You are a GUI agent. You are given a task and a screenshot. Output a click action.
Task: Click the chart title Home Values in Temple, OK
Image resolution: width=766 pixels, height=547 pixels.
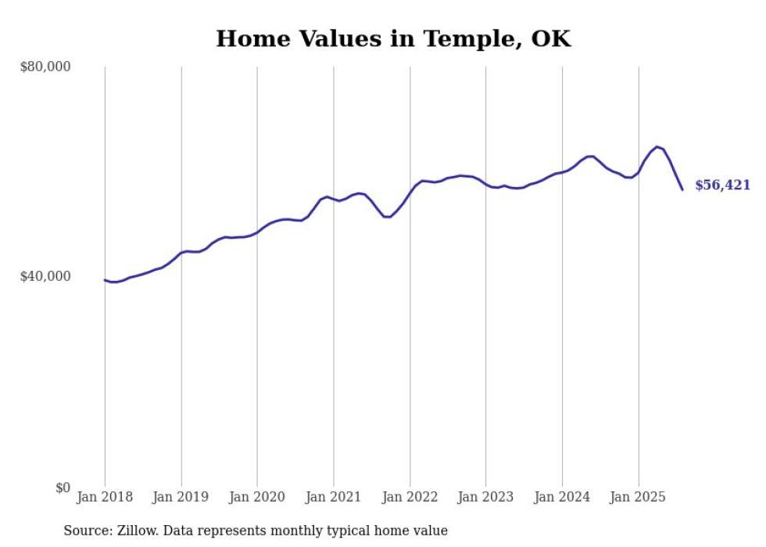(393, 38)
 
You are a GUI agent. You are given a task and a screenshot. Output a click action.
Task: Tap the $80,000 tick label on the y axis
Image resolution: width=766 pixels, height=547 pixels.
(45, 67)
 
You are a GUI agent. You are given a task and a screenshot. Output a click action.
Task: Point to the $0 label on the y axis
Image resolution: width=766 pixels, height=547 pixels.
(62, 488)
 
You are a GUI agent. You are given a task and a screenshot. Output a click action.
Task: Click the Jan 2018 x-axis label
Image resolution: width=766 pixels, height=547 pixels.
(105, 497)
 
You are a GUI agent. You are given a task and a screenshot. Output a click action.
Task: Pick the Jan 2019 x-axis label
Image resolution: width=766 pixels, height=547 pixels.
(181, 497)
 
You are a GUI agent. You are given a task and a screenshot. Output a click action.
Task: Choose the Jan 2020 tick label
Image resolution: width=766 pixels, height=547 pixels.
(257, 497)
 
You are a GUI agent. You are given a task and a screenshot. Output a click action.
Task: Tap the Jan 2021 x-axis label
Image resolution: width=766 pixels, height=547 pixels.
(334, 497)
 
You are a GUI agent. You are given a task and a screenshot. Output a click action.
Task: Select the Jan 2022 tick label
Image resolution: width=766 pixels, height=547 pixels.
(410, 497)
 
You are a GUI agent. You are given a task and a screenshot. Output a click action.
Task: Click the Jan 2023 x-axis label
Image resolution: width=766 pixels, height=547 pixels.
(486, 497)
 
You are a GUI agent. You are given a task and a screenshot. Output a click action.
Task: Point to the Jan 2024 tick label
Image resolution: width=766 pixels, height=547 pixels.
(562, 497)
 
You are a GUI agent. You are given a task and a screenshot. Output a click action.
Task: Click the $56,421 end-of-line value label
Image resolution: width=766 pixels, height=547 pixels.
(722, 185)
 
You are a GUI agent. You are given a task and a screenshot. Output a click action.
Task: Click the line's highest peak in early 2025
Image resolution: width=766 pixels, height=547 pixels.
(657, 146)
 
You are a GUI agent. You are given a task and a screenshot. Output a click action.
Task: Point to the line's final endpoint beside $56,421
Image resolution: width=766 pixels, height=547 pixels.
(682, 189)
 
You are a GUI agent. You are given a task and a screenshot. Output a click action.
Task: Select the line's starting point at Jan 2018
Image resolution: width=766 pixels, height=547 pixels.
(105, 279)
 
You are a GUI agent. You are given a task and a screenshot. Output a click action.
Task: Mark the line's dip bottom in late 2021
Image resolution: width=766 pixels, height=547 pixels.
(387, 217)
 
